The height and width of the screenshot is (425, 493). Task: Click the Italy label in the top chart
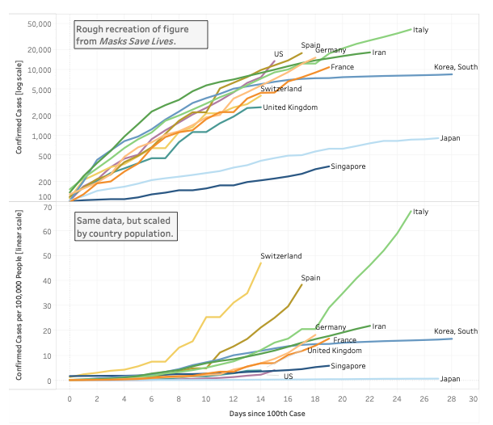click(x=420, y=30)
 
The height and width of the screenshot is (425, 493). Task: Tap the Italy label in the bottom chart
click(x=420, y=212)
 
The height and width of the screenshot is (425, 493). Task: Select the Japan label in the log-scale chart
click(x=450, y=138)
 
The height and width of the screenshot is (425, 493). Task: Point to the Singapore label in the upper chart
click(x=350, y=166)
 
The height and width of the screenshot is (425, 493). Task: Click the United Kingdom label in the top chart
click(x=290, y=107)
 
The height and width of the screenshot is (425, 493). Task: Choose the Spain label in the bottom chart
click(x=310, y=278)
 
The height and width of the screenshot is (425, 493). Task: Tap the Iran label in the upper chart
click(x=380, y=53)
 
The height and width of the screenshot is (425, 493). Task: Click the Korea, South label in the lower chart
click(x=456, y=331)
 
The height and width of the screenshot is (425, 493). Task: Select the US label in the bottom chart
click(x=288, y=376)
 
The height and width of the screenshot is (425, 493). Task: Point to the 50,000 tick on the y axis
click(x=40, y=24)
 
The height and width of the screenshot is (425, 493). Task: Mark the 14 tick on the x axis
click(x=260, y=399)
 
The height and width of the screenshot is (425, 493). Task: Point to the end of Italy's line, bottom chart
click(x=411, y=212)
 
